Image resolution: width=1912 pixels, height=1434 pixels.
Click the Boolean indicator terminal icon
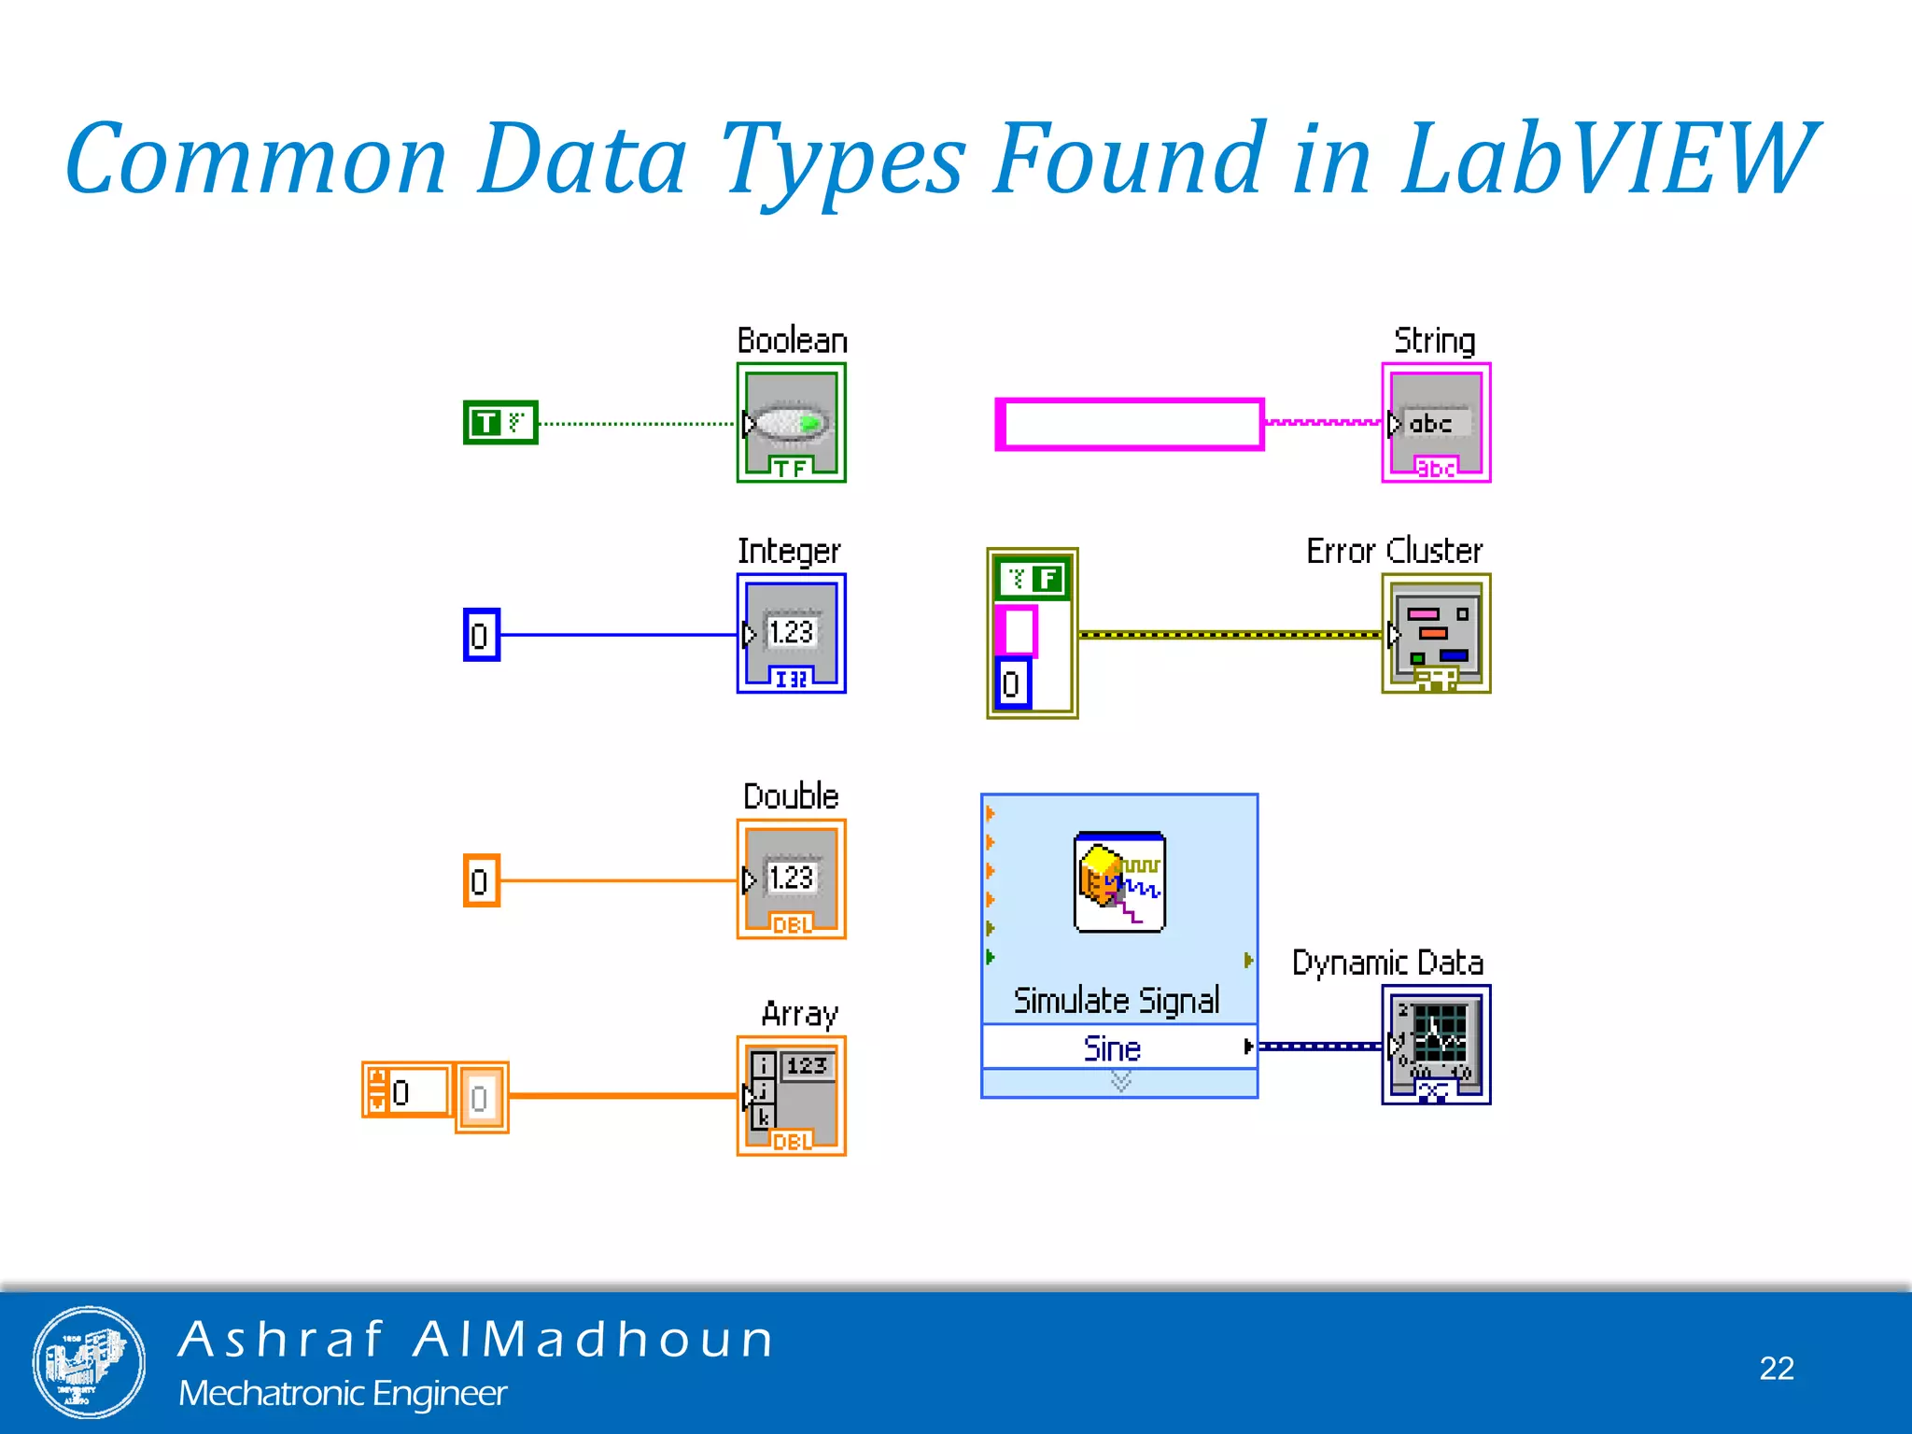tap(792, 423)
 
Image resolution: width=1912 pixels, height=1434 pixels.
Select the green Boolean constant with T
tap(500, 423)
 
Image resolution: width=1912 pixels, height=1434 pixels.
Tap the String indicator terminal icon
tap(1436, 423)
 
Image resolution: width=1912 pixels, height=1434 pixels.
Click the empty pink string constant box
tap(1130, 425)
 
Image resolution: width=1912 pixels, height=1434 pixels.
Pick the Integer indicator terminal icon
tap(792, 633)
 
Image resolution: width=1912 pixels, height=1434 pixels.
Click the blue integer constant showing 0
tap(481, 635)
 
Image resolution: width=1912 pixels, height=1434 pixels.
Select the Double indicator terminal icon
tap(792, 879)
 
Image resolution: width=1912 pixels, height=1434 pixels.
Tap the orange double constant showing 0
tap(481, 880)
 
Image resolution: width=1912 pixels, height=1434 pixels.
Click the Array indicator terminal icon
tap(792, 1096)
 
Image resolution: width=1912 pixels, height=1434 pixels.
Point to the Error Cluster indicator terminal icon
tap(1436, 633)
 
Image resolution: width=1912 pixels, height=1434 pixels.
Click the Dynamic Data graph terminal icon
tap(1436, 1045)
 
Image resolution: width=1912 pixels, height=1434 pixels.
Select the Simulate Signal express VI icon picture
tap(1119, 882)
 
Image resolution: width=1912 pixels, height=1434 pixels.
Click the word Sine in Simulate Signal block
tap(1112, 1048)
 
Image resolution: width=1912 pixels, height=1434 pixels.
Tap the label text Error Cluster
tap(1394, 551)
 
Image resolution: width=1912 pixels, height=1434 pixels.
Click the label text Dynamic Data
tap(1387, 963)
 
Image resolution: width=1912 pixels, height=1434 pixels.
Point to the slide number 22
tap(1777, 1368)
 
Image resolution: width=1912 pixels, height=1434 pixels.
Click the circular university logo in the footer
tap(89, 1362)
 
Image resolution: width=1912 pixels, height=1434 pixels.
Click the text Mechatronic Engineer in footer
tap(343, 1393)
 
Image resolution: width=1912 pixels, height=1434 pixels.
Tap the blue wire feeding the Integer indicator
tap(616, 635)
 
